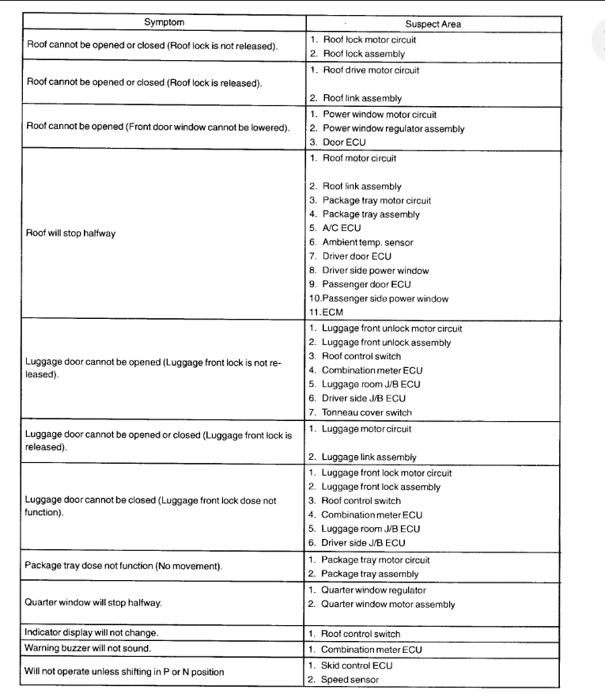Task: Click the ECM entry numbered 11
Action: [331, 313]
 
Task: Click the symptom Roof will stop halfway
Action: [71, 234]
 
